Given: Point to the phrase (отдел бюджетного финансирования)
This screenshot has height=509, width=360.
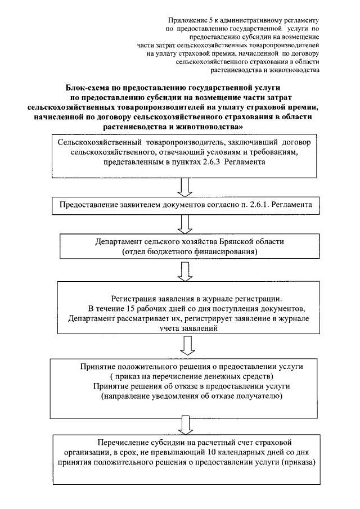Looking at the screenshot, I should [190, 253].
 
